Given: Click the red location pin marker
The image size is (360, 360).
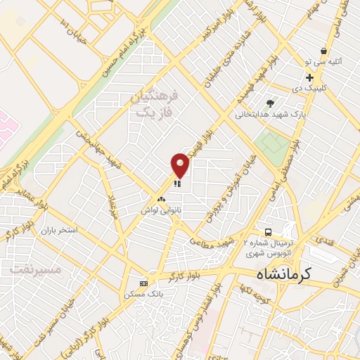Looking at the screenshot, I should point(181,165).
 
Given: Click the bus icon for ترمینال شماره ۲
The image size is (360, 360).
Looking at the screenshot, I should point(268,232).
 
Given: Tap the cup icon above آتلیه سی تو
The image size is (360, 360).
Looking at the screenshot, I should point(323,51).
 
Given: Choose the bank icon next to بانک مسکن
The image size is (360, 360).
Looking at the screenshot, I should point(144,283).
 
